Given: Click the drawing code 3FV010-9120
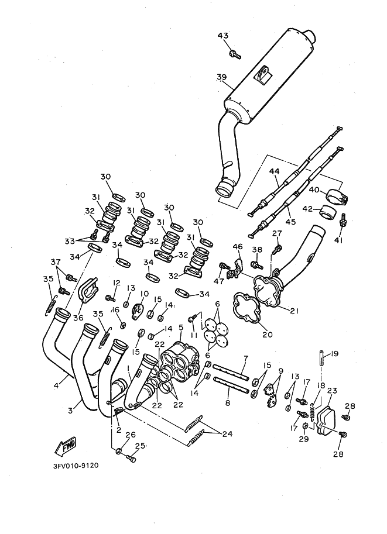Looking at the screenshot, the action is (x=76, y=466).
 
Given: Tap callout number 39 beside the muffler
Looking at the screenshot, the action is (x=222, y=77).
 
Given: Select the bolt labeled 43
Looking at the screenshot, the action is (x=235, y=54).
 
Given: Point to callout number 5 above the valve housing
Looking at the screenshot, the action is (x=181, y=328).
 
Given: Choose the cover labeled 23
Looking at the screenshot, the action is (x=326, y=419).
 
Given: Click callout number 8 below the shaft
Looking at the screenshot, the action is (x=227, y=402).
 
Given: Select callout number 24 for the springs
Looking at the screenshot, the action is (x=227, y=433).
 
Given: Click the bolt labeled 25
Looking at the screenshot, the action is (x=131, y=459).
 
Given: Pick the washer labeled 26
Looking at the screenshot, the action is (x=119, y=452).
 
